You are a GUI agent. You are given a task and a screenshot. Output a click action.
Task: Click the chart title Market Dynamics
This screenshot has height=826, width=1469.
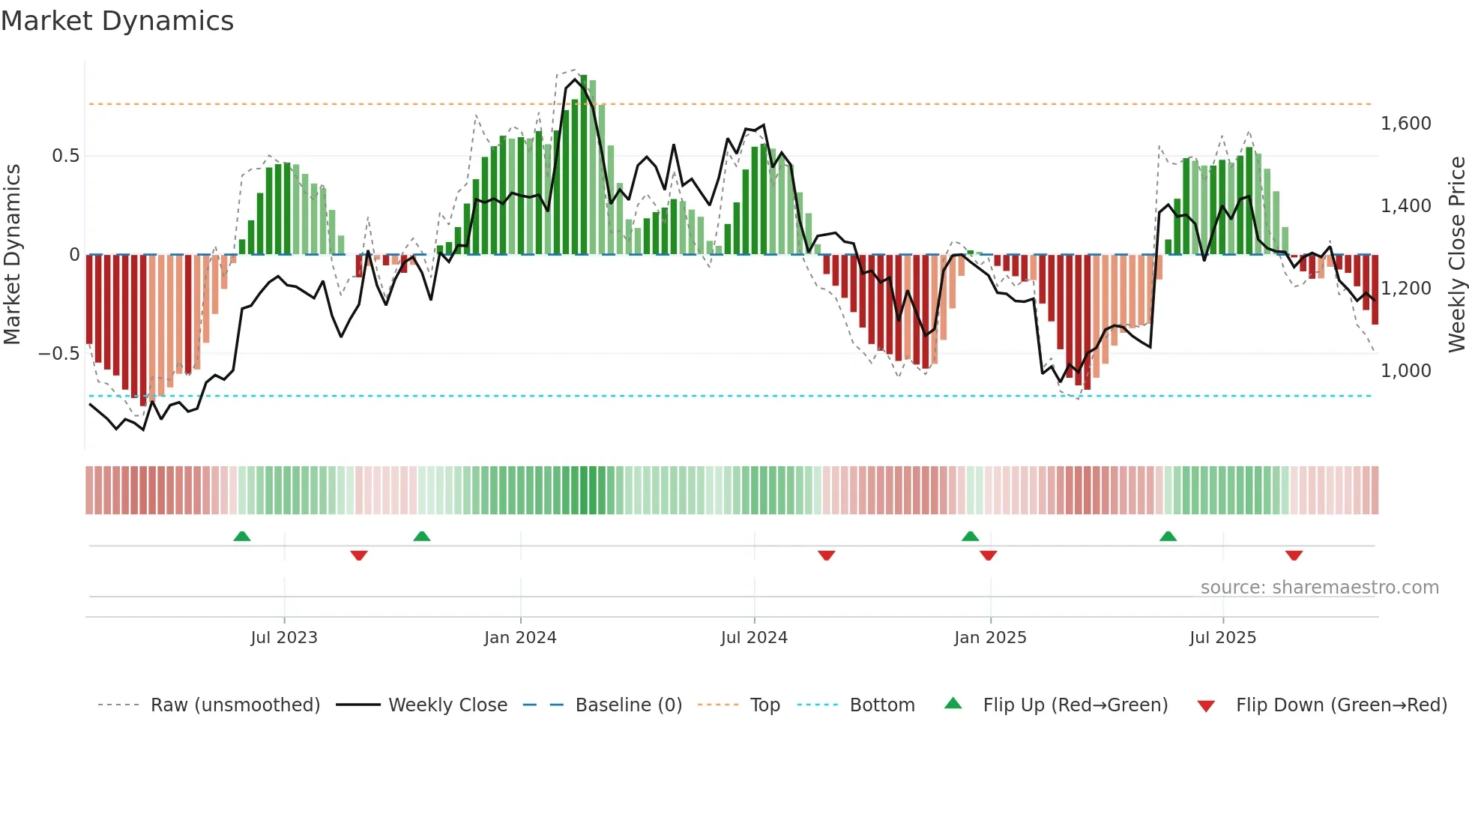click(x=117, y=21)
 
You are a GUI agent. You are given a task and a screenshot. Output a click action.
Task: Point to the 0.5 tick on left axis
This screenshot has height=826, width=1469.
click(x=65, y=156)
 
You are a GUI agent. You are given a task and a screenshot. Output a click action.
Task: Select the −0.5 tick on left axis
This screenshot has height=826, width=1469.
click(x=58, y=354)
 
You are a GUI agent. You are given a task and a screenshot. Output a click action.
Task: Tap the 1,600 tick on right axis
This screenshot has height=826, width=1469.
click(x=1405, y=124)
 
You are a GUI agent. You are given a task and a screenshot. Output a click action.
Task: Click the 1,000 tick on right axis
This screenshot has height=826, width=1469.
click(x=1405, y=371)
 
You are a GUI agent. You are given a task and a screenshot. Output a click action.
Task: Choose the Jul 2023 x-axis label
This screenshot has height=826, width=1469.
click(x=284, y=638)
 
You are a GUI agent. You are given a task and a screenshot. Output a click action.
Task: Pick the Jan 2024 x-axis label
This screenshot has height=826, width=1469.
click(x=520, y=638)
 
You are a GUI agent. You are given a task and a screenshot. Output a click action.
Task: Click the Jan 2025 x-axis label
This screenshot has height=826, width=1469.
click(x=990, y=638)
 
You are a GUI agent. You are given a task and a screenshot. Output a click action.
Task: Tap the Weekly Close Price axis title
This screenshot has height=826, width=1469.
click(x=1456, y=255)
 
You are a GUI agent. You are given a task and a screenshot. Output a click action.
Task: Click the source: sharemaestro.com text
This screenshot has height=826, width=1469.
click(x=1319, y=588)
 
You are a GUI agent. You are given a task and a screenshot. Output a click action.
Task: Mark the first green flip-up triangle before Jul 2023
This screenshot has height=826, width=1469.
click(x=241, y=537)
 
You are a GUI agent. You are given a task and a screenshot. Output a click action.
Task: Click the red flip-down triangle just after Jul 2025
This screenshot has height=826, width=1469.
click(x=1294, y=555)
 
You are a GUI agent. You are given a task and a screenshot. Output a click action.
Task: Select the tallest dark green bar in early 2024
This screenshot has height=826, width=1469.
click(x=584, y=165)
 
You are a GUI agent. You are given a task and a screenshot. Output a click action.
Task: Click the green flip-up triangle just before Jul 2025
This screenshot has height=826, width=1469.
click(x=1168, y=537)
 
